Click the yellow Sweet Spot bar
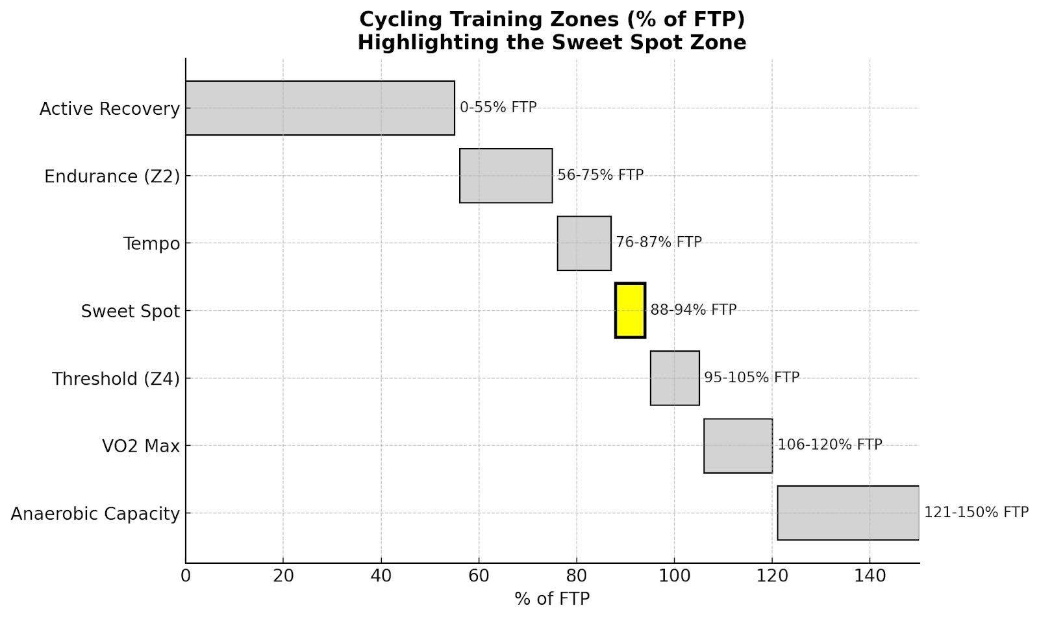point(630,310)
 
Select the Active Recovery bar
point(319,108)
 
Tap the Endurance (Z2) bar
point(506,175)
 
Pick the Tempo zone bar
point(584,243)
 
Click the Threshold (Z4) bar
point(675,378)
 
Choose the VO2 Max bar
point(738,445)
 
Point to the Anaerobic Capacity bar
point(848,513)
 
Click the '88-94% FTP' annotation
point(693,310)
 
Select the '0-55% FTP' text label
point(498,107)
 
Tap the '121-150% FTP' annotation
point(976,512)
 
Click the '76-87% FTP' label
point(658,242)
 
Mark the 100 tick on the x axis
point(674,576)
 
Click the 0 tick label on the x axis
point(186,576)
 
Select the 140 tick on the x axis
point(870,576)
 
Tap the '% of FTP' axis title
point(552,598)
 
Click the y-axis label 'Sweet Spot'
point(130,311)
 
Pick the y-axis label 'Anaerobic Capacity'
point(95,514)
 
